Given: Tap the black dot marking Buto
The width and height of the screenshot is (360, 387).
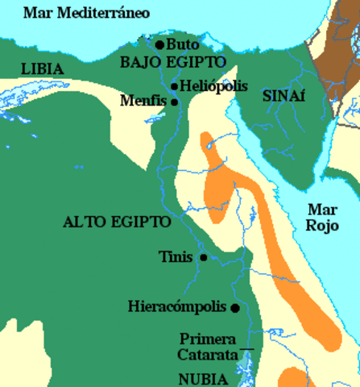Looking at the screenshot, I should pos(159,44).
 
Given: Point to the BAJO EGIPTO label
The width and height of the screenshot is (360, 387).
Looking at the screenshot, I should pos(166,62).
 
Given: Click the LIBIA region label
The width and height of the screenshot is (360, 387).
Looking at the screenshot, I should pos(42,69).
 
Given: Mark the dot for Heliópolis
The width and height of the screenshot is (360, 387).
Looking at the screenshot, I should pos(175,86).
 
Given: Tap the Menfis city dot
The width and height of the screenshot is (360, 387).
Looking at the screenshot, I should pos(174,102).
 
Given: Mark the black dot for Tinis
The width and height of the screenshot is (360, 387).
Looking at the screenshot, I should pos(204,257).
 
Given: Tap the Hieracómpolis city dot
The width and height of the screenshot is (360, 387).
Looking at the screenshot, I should pos(234,308).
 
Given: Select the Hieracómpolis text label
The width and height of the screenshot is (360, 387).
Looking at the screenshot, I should pos(177,307).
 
